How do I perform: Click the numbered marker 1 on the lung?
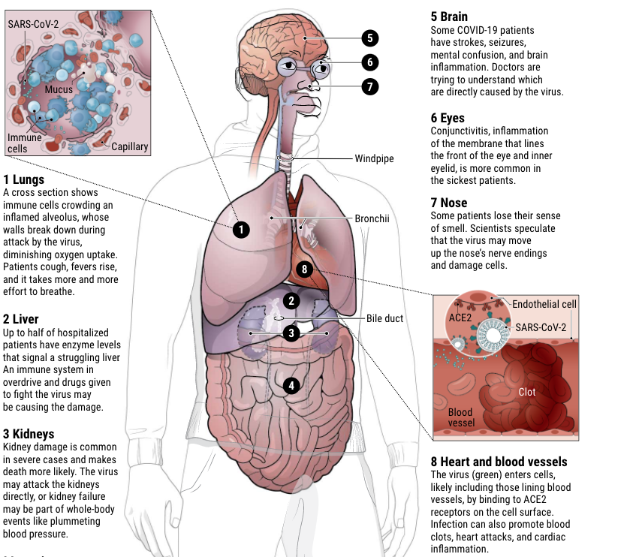pos(240,230)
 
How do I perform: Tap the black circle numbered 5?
pos(369,38)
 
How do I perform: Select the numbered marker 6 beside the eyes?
pos(369,62)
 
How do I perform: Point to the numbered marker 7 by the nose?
pos(369,86)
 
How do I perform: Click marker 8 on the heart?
pos(304,269)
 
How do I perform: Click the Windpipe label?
pos(374,158)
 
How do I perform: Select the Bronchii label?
pos(373,218)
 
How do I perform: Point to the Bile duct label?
pos(384,318)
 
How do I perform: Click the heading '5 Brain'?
pos(449,17)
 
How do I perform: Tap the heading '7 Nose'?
pos(449,203)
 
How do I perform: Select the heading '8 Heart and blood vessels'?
pos(499,462)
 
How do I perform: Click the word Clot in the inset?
pos(528,392)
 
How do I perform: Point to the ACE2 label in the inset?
pos(460,317)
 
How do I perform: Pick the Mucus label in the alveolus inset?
pos(59,90)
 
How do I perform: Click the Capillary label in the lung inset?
pos(129,146)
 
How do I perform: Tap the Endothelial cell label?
pos(544,304)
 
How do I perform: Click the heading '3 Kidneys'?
pos(29,434)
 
